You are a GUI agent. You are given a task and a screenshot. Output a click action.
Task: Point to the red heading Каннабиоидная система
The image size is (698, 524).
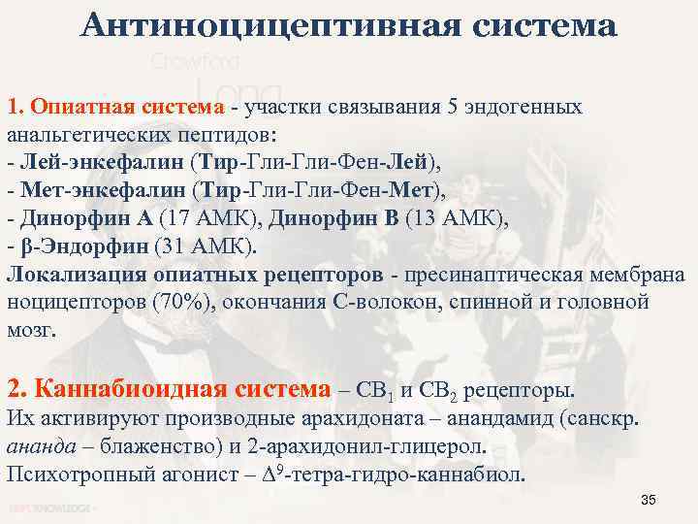coord(169,390)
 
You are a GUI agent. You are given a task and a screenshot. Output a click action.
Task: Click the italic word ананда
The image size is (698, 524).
coord(40,447)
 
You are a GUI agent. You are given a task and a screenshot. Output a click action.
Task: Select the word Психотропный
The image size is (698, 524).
coord(75,475)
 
